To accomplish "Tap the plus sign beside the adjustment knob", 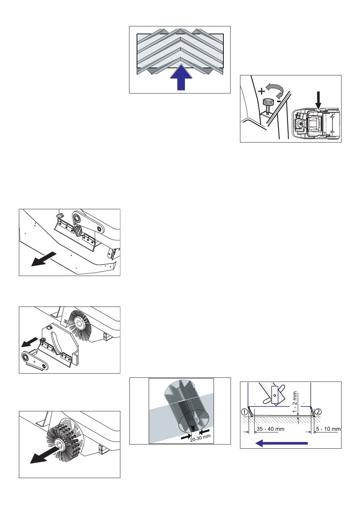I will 262,91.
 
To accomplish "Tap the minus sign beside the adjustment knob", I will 278,101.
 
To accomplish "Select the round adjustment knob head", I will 268,102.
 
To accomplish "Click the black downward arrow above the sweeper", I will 318,100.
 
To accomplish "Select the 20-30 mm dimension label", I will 200,438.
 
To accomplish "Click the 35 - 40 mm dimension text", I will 270,429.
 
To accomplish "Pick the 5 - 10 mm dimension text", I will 328,429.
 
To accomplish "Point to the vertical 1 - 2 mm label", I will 295,402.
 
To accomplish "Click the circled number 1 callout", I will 245,412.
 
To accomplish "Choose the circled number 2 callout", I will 318,412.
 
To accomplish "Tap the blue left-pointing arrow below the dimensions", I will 282,443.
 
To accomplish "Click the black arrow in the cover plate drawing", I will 43,259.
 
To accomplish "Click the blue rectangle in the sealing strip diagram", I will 275,395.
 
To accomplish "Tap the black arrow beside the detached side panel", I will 29,342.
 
